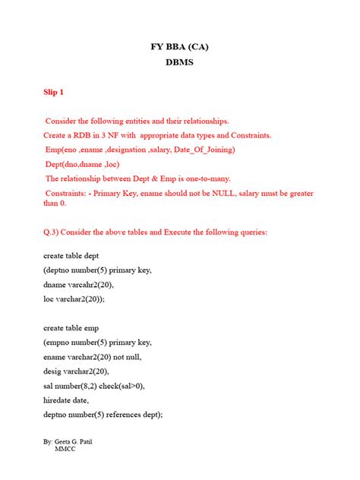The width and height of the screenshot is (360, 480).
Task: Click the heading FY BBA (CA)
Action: (180, 46)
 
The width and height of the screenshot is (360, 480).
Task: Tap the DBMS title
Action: (180, 63)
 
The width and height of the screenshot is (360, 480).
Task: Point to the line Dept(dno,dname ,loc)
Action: (93, 164)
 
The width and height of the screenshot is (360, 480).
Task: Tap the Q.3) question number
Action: (52, 231)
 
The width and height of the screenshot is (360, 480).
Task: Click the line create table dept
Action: (71, 256)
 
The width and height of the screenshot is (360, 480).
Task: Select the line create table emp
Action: (71, 328)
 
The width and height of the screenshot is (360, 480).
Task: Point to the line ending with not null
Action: (93, 356)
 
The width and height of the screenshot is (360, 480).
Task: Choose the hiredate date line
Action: (66, 399)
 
